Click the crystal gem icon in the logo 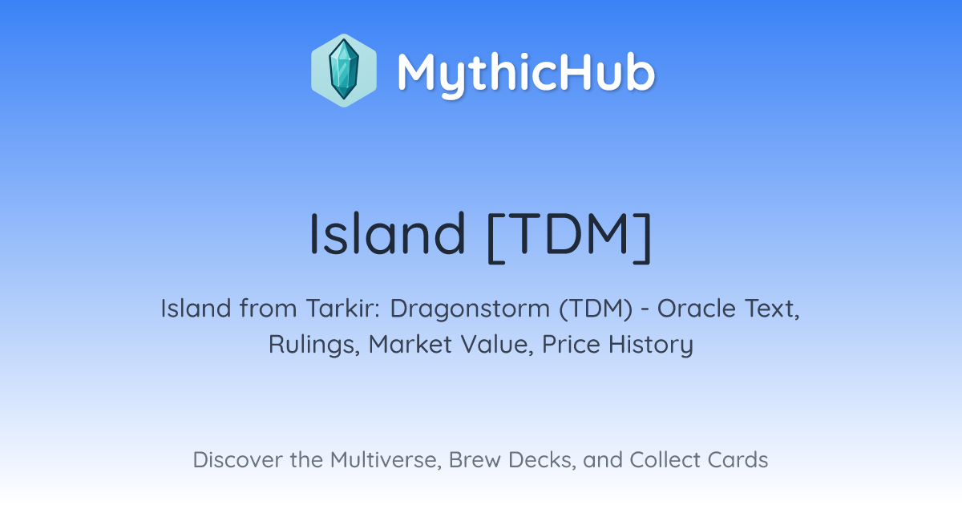[x=344, y=71]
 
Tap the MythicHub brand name [x=526, y=73]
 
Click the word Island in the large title [x=387, y=233]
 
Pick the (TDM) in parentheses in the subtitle [x=596, y=309]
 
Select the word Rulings [x=314, y=345]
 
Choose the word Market [x=410, y=345]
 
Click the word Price [x=571, y=345]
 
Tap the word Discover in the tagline [x=237, y=460]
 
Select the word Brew [x=475, y=460]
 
